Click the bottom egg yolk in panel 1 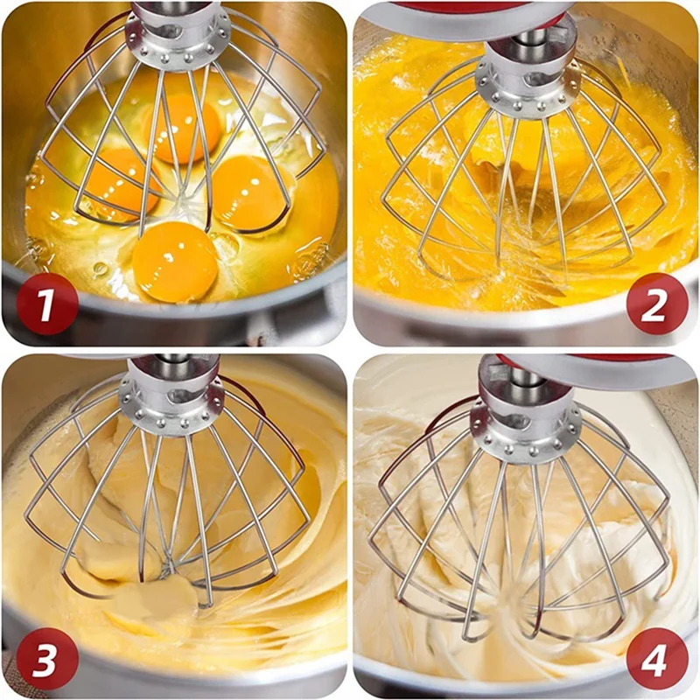(175, 262)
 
